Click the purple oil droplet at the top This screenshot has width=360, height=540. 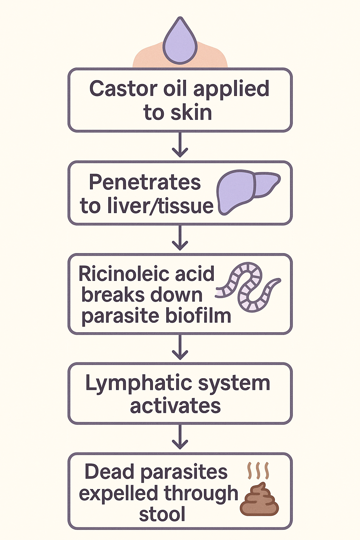click(x=180, y=44)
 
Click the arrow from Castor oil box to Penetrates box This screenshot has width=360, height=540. click(x=180, y=145)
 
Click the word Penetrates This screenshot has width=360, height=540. click(x=144, y=182)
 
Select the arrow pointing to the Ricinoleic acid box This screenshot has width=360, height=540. click(x=180, y=238)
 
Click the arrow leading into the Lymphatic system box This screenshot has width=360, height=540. click(x=180, y=347)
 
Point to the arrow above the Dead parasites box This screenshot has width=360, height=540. click(x=180, y=437)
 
